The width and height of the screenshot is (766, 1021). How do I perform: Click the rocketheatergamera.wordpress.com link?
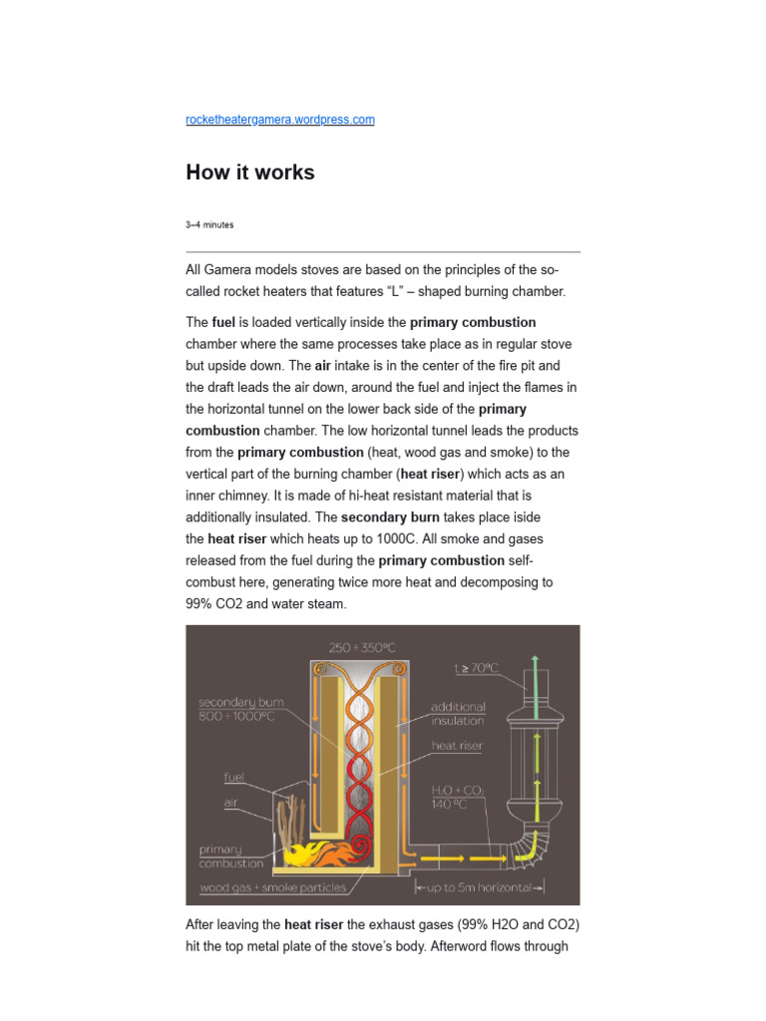click(280, 120)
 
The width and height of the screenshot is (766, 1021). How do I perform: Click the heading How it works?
click(250, 172)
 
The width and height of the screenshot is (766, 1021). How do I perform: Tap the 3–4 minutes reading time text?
click(209, 225)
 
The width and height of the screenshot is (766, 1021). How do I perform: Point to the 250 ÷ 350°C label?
click(361, 647)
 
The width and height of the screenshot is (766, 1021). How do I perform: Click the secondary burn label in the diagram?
click(241, 709)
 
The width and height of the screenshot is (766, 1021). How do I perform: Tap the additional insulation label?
click(457, 714)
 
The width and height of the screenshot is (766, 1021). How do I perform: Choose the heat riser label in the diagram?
click(457, 745)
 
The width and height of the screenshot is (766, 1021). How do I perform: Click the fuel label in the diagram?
click(232, 776)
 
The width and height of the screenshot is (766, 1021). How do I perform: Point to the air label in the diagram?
click(229, 800)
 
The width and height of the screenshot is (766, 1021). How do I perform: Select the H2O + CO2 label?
click(458, 797)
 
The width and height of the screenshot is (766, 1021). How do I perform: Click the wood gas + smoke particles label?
click(272, 887)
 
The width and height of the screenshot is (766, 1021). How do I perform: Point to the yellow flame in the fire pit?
click(299, 855)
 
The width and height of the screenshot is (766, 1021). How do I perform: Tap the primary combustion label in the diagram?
click(231, 856)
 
